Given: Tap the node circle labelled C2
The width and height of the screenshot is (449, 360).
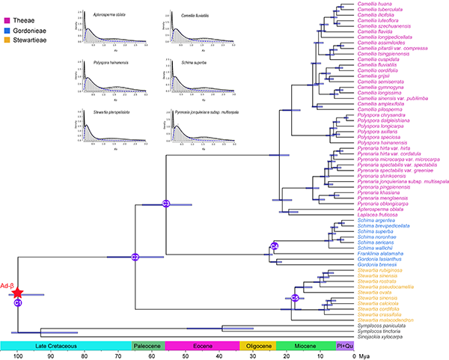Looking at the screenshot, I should tap(135, 257).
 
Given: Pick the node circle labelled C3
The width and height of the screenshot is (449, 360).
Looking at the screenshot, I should tap(166, 204).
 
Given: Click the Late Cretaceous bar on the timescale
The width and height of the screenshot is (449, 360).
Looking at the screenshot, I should tap(66, 346).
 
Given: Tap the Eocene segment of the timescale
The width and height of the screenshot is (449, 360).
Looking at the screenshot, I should tap(201, 346).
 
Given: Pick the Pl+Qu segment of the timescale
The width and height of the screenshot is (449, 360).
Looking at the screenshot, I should tap(344, 346).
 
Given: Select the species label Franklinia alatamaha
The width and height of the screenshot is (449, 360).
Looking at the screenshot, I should tap(379, 254).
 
